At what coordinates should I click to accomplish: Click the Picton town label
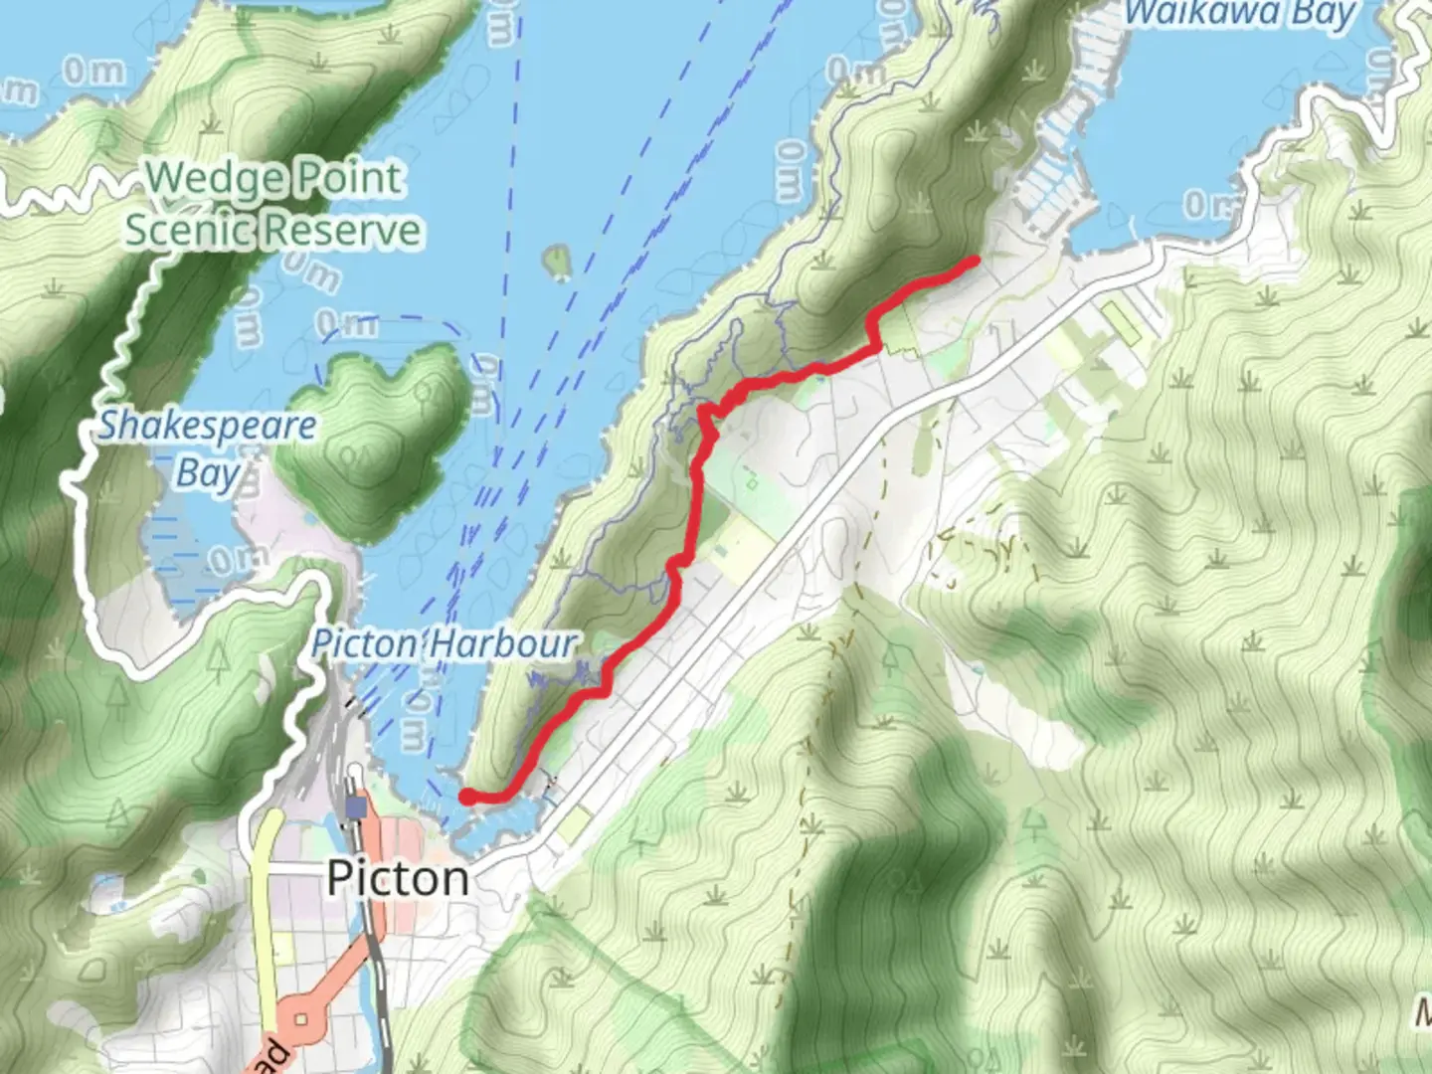pos(397,878)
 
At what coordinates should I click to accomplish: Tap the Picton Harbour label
pos(444,644)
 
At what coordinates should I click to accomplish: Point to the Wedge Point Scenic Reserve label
pos(272,205)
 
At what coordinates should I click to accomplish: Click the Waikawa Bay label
pos(1240,14)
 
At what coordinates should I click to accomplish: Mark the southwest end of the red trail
pos(465,796)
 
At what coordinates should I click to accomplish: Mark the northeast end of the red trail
pos(975,261)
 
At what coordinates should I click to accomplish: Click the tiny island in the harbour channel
pos(557,263)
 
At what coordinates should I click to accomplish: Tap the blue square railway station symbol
pos(356,806)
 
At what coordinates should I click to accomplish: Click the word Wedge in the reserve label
pos(208,179)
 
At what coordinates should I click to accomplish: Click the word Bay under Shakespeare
pos(208,472)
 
